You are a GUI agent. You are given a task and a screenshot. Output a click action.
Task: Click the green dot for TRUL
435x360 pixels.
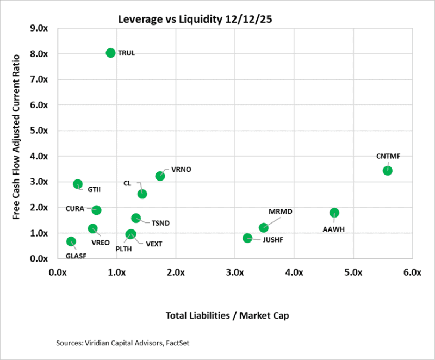pos(110,53)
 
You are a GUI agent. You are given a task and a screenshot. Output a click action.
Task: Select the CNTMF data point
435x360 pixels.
pos(387,170)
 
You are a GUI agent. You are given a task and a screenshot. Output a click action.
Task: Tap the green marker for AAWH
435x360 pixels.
pos(334,213)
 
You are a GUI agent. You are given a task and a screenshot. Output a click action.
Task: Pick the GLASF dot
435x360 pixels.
pos(71,241)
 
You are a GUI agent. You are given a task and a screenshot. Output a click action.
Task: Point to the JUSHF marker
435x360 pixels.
pos(247,238)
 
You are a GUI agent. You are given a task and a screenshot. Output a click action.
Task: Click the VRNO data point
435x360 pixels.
pos(160,176)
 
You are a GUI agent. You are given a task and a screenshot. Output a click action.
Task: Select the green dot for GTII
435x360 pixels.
pos(78,184)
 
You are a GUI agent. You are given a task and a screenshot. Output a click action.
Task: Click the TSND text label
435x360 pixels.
pos(160,223)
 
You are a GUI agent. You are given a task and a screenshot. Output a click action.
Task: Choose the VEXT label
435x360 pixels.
pos(154,244)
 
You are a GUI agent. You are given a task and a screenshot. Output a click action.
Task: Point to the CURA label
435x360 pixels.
pos(74,208)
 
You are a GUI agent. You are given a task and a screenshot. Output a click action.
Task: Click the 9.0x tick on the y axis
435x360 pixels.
pos(41,28)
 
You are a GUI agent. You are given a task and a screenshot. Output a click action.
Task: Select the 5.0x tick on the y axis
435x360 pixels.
pos(41,131)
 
